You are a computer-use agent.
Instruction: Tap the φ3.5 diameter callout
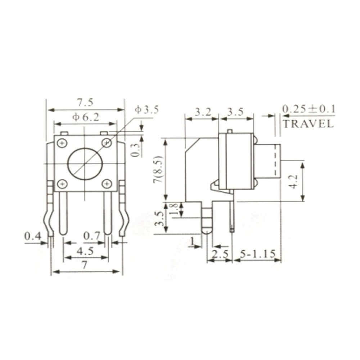pyautogui.click(x=147, y=110)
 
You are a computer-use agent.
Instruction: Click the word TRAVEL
pyautogui.click(x=308, y=124)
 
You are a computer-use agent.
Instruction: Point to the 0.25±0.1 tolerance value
pyautogui.click(x=308, y=109)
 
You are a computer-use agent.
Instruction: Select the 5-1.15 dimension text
pyautogui.click(x=258, y=254)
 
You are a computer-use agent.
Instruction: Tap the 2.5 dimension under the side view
pyautogui.click(x=220, y=254)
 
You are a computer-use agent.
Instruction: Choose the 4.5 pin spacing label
pyautogui.click(x=85, y=251)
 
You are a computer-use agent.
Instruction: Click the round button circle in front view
pyautogui.click(x=85, y=164)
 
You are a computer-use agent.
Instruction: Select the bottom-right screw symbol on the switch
pyautogui.click(x=107, y=184)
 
